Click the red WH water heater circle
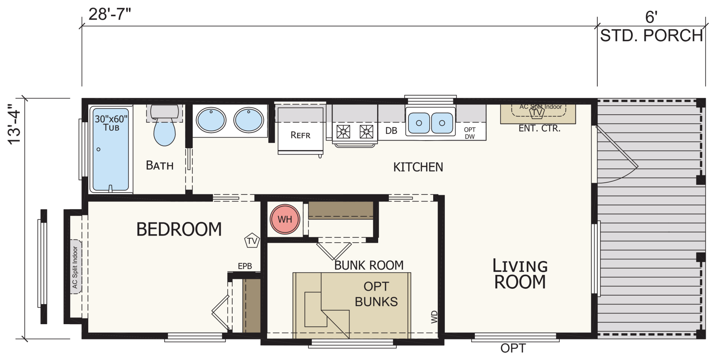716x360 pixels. click(x=285, y=219)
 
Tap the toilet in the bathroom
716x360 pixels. click(x=164, y=125)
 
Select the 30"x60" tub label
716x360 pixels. click(x=111, y=123)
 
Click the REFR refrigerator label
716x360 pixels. click(x=300, y=135)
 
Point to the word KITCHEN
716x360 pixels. click(x=418, y=167)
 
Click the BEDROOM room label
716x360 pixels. click(x=179, y=229)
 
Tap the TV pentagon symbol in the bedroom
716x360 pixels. click(x=252, y=240)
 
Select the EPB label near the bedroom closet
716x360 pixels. click(x=245, y=266)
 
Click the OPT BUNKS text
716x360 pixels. click(x=376, y=294)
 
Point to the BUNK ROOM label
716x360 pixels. click(x=369, y=266)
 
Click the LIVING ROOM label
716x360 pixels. click(x=520, y=274)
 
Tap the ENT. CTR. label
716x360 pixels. click(x=540, y=129)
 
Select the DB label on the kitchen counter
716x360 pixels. click(x=391, y=131)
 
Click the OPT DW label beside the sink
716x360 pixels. click(x=469, y=133)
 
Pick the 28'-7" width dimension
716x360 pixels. click(x=110, y=14)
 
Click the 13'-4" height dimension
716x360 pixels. click(x=14, y=124)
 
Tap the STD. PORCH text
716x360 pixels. click(x=652, y=35)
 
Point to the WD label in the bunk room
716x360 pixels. click(x=434, y=317)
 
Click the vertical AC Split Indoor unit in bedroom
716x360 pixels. click(x=76, y=267)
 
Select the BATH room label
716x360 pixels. click(x=159, y=165)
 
